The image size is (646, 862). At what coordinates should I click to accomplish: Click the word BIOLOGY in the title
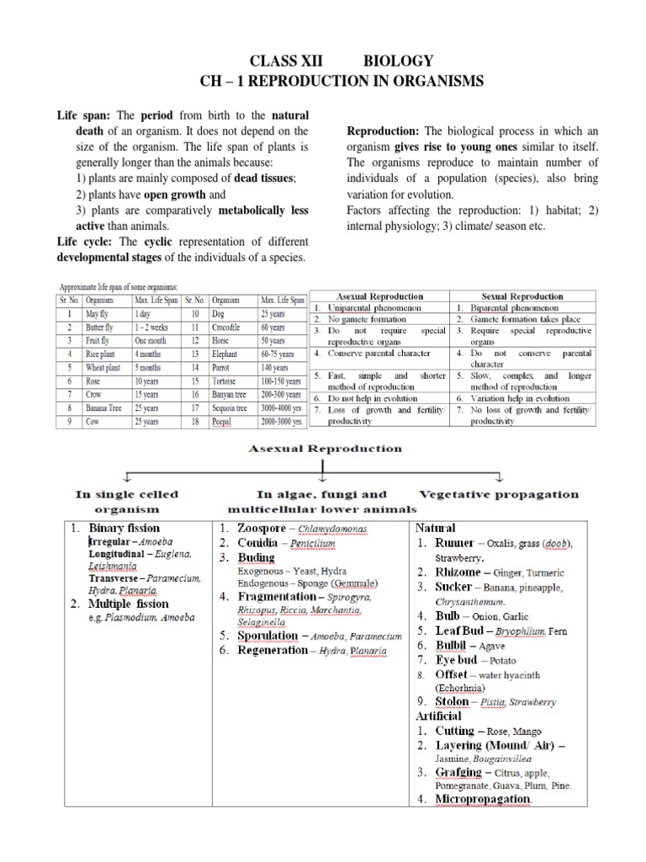398,61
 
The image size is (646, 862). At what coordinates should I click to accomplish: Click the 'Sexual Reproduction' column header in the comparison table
522,296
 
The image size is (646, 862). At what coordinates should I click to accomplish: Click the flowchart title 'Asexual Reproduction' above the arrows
325,450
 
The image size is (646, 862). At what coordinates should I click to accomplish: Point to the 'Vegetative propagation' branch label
498,494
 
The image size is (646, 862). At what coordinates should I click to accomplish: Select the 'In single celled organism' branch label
126,502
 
